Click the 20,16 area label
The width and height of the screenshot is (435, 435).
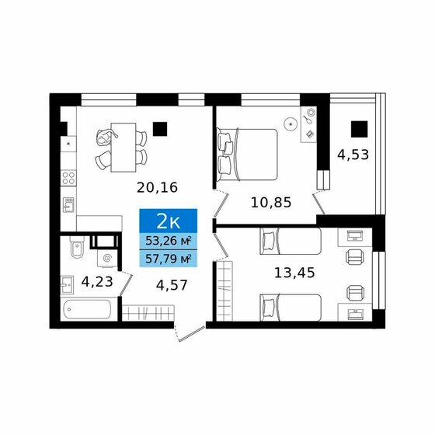click(x=157, y=188)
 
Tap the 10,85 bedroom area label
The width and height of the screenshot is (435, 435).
click(x=271, y=203)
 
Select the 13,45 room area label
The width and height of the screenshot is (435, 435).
click(x=294, y=273)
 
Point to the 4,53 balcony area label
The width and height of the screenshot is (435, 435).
click(x=353, y=155)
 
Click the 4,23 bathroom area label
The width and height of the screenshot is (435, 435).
click(x=97, y=282)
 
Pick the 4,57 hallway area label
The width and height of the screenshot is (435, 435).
click(x=172, y=285)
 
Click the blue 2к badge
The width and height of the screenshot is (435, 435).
click(x=169, y=221)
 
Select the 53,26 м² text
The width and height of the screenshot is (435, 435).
click(x=169, y=241)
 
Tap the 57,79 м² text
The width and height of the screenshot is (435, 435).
click(x=169, y=259)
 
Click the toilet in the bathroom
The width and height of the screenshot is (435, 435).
click(x=77, y=246)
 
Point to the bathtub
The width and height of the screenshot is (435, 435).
click(x=87, y=309)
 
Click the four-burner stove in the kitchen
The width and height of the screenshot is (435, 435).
click(x=68, y=178)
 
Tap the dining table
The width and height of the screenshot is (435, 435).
click(x=124, y=148)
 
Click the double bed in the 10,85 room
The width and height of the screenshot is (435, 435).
click(x=247, y=155)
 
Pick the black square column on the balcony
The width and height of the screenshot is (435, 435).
click(x=359, y=129)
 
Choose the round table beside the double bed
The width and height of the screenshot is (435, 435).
click(x=291, y=124)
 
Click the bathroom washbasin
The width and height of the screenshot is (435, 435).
click(x=67, y=284)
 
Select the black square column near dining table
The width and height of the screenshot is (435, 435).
click(x=160, y=129)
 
